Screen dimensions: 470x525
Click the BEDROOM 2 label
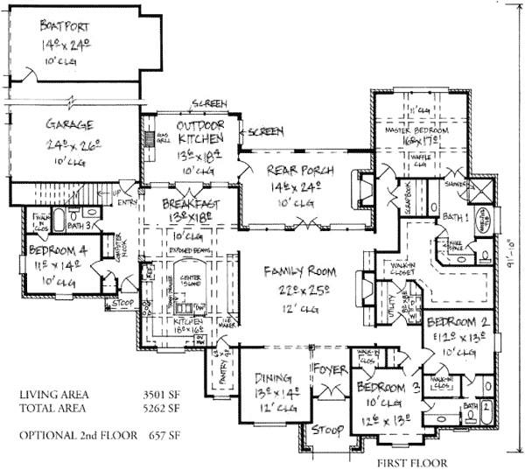click(x=457, y=323)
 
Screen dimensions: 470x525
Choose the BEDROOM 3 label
click(x=381, y=387)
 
